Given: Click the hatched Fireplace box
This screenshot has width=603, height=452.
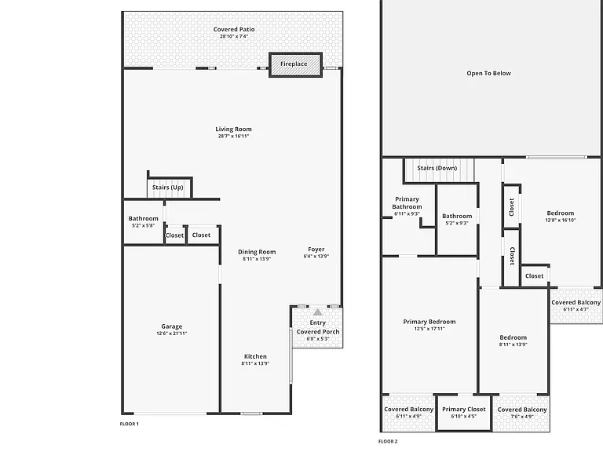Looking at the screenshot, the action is pyautogui.click(x=295, y=64).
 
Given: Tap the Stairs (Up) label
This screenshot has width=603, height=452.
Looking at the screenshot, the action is pyautogui.click(x=168, y=188).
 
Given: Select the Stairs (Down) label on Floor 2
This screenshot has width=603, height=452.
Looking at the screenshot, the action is pyautogui.click(x=437, y=168).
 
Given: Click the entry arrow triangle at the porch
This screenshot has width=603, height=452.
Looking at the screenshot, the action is pyautogui.click(x=318, y=312).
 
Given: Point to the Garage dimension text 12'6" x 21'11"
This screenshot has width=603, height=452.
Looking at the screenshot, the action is pyautogui.click(x=171, y=334).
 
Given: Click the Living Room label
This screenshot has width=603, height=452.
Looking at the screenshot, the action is pyautogui.click(x=233, y=129).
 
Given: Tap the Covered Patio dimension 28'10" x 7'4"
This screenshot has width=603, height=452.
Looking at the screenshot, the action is pyautogui.click(x=234, y=36).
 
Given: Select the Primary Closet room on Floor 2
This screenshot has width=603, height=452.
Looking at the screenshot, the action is pyautogui.click(x=464, y=413).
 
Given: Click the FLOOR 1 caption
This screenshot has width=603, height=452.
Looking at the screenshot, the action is pyautogui.click(x=130, y=424).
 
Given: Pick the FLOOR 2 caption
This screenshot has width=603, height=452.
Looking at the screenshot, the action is pyautogui.click(x=388, y=442).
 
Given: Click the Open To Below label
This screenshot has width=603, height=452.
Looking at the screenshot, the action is pyautogui.click(x=489, y=74).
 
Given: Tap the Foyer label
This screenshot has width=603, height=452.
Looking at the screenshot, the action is pyautogui.click(x=316, y=250).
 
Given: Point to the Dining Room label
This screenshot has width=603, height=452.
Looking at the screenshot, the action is pyautogui.click(x=257, y=252).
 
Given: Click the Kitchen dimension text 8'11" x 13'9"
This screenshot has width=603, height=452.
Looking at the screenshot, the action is pyautogui.click(x=255, y=363).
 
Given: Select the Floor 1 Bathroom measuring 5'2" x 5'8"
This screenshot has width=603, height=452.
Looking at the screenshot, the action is pyautogui.click(x=144, y=221).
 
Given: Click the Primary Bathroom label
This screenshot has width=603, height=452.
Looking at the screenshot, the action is pyautogui.click(x=407, y=203).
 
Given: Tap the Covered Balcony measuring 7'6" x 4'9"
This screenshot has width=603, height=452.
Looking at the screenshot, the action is pyautogui.click(x=522, y=413).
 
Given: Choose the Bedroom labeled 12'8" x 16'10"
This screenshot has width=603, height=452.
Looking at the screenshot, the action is pyautogui.click(x=561, y=217).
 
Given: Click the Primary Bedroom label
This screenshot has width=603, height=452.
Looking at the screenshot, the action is pyautogui.click(x=429, y=322).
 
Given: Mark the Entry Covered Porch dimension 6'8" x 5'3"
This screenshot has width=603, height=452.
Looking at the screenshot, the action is pyautogui.click(x=318, y=339).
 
